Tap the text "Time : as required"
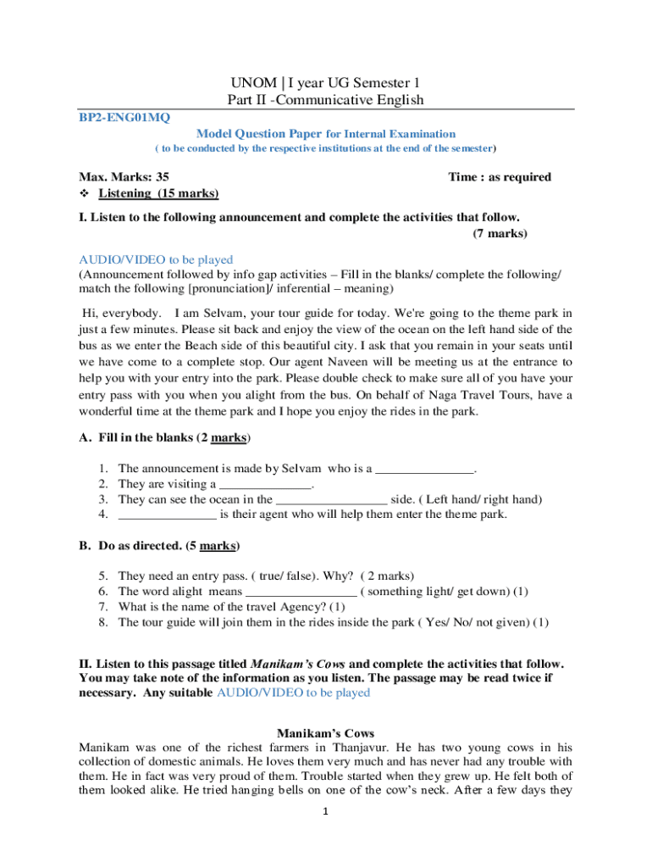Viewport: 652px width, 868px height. pos(500,177)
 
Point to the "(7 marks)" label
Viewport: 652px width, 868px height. pos(500,233)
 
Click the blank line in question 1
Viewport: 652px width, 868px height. pos(424,468)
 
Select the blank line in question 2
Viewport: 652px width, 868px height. pos(265,484)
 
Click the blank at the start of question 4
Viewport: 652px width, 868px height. pos(167,515)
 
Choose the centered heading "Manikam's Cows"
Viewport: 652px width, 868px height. pos(325,733)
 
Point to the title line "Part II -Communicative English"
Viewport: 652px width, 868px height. pos(325,101)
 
